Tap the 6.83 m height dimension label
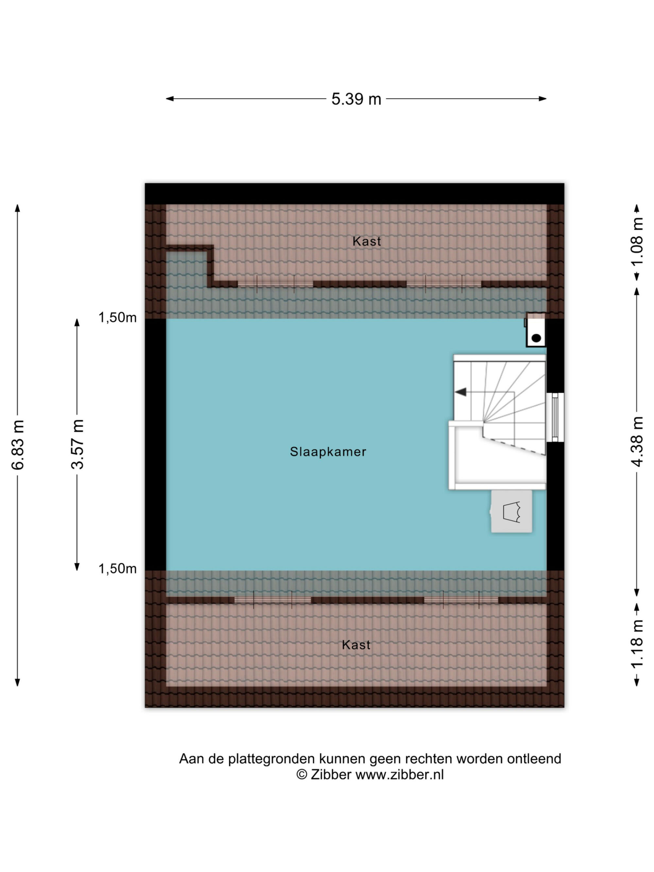pyautogui.click(x=18, y=445)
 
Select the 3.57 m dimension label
pyautogui.click(x=77, y=444)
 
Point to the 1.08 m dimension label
pyautogui.click(x=637, y=241)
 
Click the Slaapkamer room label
pyautogui.click(x=328, y=452)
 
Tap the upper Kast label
pyautogui.click(x=367, y=241)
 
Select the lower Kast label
pyautogui.click(x=356, y=645)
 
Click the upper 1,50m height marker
pyautogui.click(x=117, y=317)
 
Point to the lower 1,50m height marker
pyautogui.click(x=117, y=569)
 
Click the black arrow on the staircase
pyautogui.click(x=460, y=392)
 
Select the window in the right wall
pyautogui.click(x=555, y=417)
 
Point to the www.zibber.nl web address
pyautogui.click(x=399, y=775)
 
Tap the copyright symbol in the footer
pyautogui.click(x=301, y=775)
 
